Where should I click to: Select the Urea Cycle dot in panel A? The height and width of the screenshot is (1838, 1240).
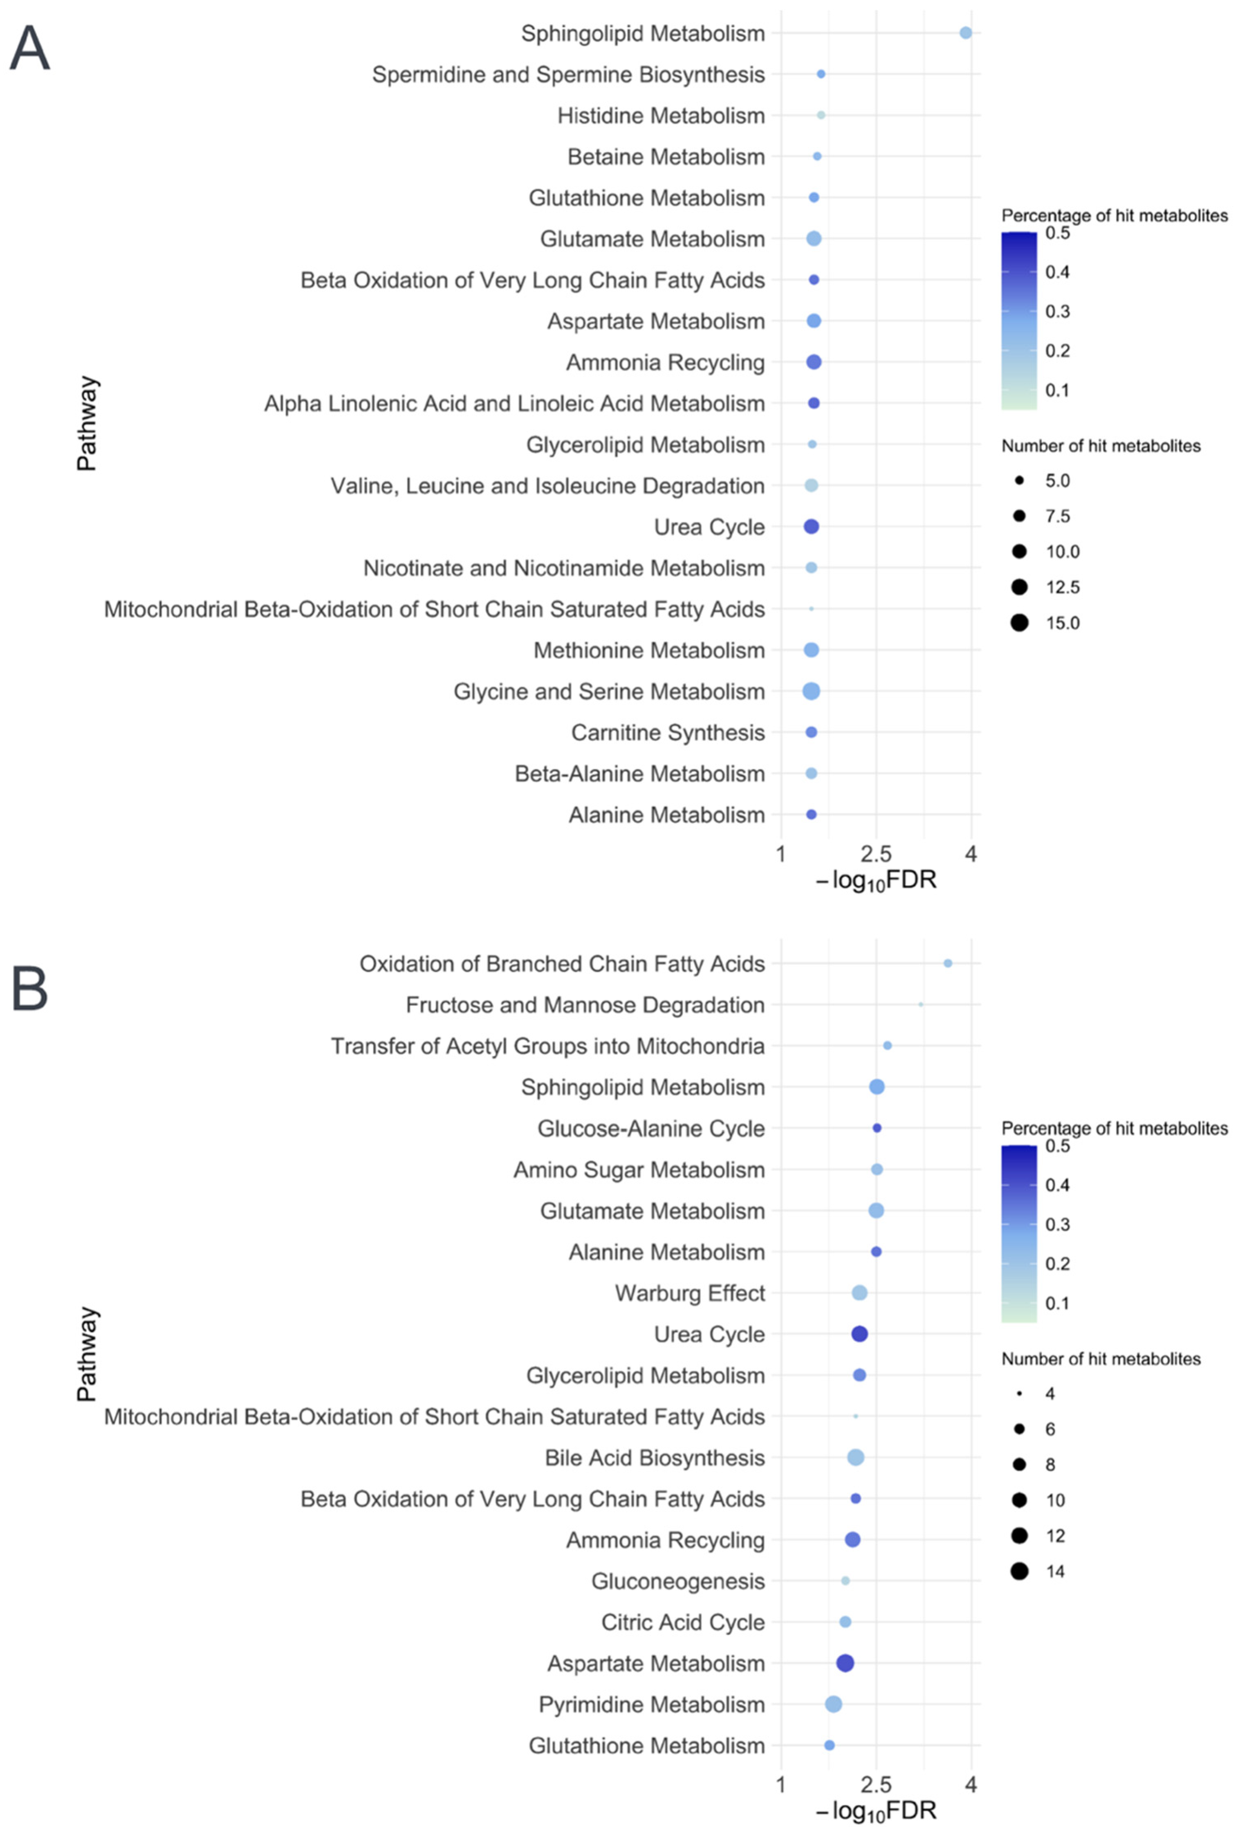coord(811,527)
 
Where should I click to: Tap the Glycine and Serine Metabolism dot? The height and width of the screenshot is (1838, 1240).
coord(811,691)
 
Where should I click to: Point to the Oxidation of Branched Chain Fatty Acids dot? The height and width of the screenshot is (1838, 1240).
coord(947,963)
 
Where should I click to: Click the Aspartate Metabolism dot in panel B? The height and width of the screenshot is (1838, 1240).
coord(845,1663)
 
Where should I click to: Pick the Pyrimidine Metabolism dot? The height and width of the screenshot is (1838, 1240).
coord(833,1704)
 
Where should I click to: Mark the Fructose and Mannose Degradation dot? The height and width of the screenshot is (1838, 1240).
coord(921,1004)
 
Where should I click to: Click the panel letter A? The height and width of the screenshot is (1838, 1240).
coord(30,49)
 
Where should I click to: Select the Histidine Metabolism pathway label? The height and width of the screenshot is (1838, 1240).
coord(661,116)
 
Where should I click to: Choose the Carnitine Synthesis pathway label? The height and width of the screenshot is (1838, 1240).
coord(668,733)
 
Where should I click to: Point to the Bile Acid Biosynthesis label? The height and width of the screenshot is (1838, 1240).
coord(655,1458)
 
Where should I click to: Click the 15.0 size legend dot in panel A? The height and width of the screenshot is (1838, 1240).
coord(1018,623)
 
